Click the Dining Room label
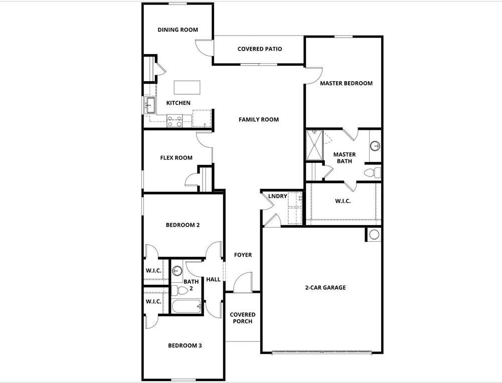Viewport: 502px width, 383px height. tap(178, 30)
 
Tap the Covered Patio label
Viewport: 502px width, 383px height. tap(259, 49)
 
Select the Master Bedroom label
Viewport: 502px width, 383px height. tap(346, 83)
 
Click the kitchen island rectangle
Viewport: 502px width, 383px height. tap(187, 87)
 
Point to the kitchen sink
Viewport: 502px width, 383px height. tap(149, 105)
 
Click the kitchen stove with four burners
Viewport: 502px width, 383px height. tap(175, 121)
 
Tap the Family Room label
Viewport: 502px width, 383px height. tap(258, 119)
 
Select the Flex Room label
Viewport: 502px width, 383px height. tap(176, 158)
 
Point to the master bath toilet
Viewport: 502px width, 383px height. tap(372, 173)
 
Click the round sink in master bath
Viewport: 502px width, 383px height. tap(375, 146)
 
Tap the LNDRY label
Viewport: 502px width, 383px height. tap(277, 196)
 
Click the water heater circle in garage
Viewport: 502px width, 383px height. tap(374, 234)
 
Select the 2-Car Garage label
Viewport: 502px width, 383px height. tap(325, 288)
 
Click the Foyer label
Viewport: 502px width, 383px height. tap(243, 255)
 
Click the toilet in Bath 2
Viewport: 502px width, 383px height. tap(181, 290)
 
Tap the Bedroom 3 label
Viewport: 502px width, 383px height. tap(185, 345)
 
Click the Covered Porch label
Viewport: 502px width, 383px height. tap(243, 318)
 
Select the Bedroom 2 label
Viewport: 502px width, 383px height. tap(183, 225)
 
